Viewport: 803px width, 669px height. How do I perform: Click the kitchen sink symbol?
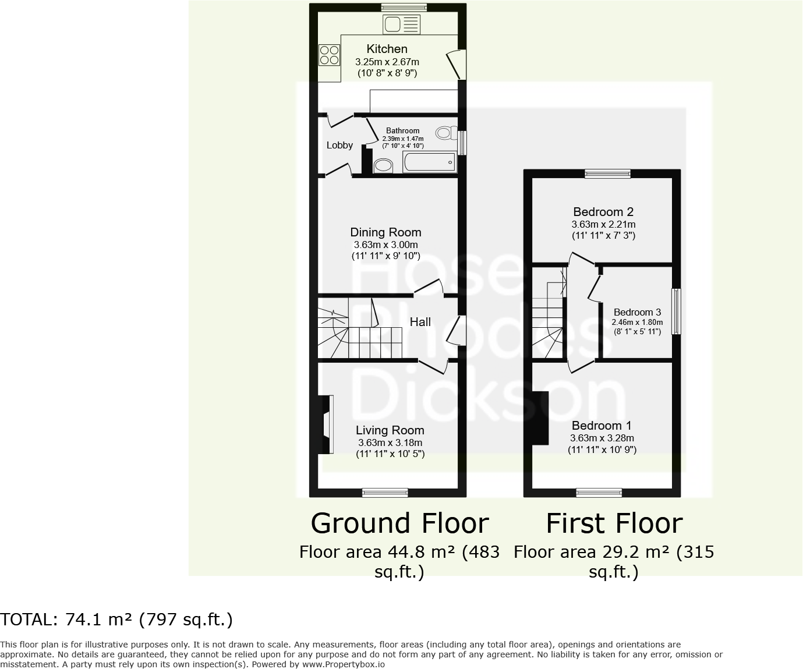coord(401,24)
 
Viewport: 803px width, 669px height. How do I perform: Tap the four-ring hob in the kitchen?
coord(329,55)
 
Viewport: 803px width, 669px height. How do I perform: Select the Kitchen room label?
coord(387,49)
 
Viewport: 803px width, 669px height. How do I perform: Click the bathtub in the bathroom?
coord(429,162)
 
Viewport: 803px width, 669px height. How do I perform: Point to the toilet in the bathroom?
coord(447,133)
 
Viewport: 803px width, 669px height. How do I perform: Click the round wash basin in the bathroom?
coord(383,166)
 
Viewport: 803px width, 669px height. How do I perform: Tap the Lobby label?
coord(339,145)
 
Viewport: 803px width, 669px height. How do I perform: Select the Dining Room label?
coord(385,232)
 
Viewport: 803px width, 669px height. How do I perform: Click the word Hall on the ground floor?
coord(420,322)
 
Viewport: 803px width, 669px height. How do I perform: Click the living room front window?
coord(385,493)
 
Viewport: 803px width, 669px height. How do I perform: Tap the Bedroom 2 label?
coord(603,212)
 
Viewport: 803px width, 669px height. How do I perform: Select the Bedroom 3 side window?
coord(675,312)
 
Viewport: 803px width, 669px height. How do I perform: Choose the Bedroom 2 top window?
coord(607,173)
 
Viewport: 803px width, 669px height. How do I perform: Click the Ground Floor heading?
coord(399,523)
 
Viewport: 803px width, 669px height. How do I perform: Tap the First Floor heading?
coord(614,523)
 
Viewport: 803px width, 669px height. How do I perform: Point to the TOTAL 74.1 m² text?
coord(116,620)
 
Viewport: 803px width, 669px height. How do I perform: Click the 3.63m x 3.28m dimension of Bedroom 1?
coord(602,438)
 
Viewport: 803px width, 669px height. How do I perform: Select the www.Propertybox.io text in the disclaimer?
coord(343,664)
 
